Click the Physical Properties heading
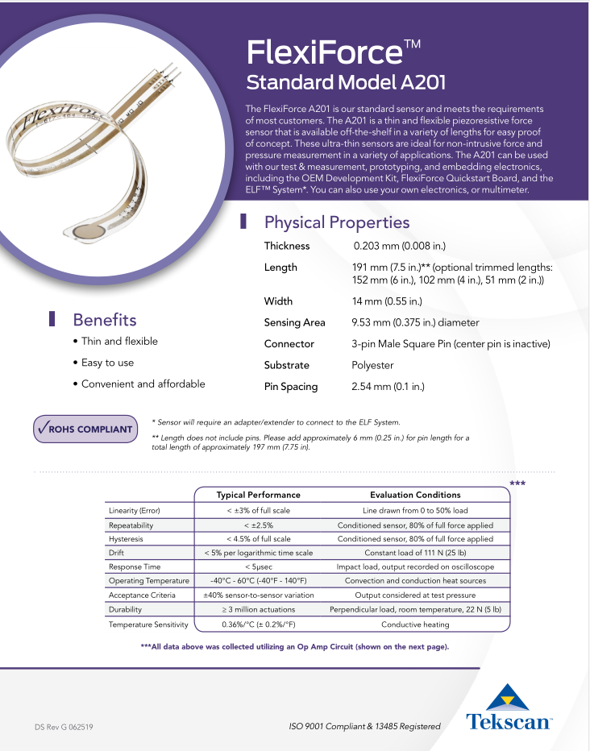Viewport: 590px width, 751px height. click(336, 222)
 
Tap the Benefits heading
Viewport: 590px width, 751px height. click(105, 320)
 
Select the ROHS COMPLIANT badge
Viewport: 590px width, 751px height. click(85, 429)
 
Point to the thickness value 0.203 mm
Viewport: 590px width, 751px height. click(399, 246)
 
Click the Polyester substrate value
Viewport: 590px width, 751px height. click(372, 365)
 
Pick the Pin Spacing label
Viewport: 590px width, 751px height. click(291, 387)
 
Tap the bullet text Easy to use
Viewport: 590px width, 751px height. click(107, 363)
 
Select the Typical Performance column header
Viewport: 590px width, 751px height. click(258, 495)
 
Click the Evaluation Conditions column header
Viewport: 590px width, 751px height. click(415, 495)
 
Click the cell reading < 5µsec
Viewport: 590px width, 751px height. click(258, 566)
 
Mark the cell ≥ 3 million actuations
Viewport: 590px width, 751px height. click(258, 610)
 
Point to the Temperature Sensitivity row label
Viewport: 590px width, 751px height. click(148, 624)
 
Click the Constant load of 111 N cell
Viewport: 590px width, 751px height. click(415, 553)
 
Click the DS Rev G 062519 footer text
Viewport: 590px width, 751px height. click(64, 726)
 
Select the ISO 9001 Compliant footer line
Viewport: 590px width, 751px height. click(364, 726)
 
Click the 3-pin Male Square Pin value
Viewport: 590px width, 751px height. click(451, 344)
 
